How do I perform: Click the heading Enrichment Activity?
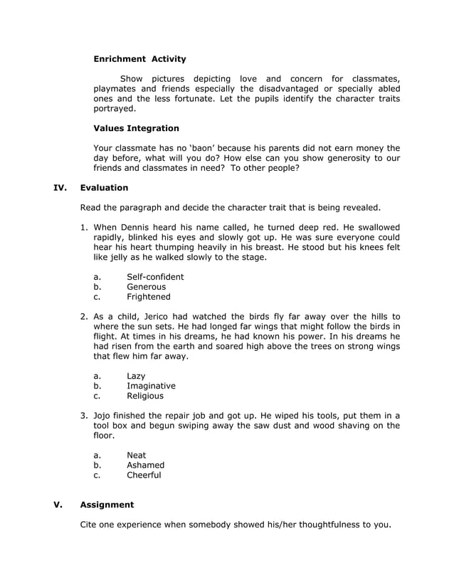coord(139,59)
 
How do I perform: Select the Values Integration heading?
coord(136,128)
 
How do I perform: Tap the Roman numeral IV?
coord(60,188)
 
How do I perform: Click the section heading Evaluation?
coord(104,188)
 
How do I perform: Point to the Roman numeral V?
coord(58,505)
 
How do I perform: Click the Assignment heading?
coord(107,505)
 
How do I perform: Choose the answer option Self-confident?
coord(154,277)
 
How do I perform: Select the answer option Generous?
coord(146,287)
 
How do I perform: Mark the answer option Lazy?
coord(136,376)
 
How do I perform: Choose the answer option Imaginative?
coord(151,386)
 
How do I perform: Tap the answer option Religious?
coord(145,396)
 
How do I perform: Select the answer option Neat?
coord(136,455)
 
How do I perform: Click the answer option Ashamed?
coord(145,465)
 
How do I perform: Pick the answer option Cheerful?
coord(144,475)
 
